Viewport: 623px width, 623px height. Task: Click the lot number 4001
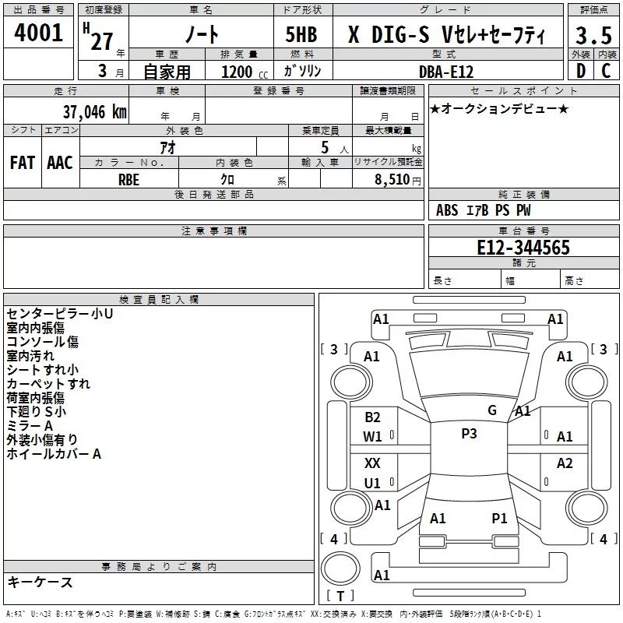tap(39, 33)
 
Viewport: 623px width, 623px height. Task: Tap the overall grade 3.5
tap(593, 35)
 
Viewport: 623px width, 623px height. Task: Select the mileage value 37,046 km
tap(94, 111)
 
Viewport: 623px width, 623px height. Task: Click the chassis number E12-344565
tap(523, 248)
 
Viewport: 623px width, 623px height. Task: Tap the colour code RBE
tap(129, 178)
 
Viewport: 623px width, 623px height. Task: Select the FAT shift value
tap(22, 163)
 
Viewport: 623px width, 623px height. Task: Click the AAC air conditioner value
tap(60, 163)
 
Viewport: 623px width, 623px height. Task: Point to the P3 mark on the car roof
tap(469, 434)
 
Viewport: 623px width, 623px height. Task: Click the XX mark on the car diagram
tap(373, 463)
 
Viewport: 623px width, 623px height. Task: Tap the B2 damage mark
tap(373, 417)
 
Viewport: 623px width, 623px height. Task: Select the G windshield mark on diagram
tap(492, 410)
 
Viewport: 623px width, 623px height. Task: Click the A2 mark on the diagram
tap(565, 463)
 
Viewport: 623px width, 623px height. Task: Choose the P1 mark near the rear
tap(499, 518)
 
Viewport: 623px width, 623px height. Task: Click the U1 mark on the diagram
tap(373, 483)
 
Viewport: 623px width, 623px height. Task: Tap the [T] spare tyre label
tap(340, 597)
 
